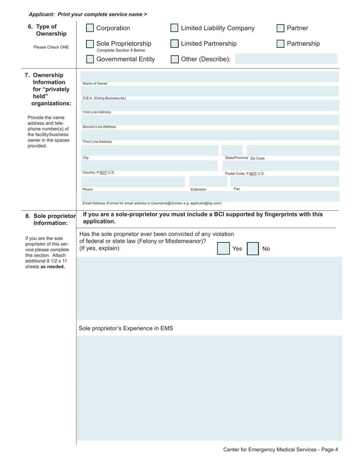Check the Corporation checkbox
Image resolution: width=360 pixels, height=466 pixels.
90,28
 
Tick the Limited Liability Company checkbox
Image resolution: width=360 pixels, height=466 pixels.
174,28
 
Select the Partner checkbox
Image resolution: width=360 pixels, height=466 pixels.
280,28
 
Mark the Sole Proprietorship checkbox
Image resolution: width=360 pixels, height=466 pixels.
90,44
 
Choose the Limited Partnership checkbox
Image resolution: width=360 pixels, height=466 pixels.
174,44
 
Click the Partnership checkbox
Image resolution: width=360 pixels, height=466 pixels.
280,44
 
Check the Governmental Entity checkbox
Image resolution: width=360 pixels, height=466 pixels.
90,59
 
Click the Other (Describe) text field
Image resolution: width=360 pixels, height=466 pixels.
286,59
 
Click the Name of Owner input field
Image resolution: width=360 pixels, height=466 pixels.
210,77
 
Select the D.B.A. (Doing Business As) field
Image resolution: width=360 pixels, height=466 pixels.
210,91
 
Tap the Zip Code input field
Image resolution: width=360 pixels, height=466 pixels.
293,150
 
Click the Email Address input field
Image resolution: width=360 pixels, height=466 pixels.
210,196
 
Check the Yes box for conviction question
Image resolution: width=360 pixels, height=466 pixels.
223,249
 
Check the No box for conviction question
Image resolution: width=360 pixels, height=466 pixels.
253,249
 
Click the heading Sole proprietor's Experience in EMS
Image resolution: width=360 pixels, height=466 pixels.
126,328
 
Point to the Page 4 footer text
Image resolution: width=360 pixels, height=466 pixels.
280,450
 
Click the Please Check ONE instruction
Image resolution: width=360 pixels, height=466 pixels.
51,47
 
